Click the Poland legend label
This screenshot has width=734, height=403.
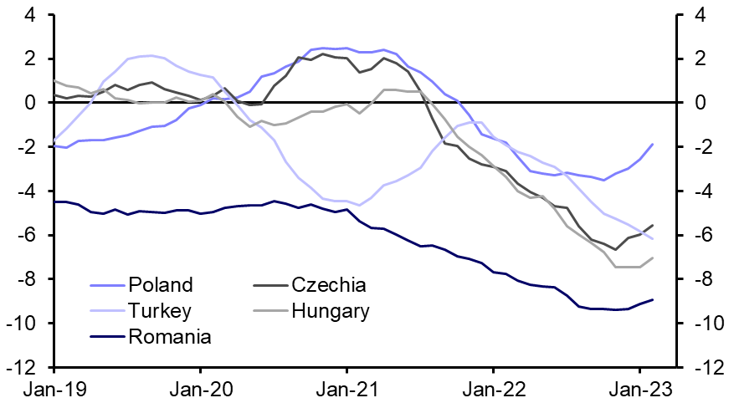coord(161,286)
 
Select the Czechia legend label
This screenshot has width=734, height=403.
coord(328,286)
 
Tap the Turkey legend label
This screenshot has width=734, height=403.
coord(161,312)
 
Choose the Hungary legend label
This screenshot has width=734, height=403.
coord(331,312)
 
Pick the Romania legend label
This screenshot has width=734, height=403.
coord(170,338)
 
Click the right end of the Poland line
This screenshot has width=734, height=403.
coord(653,144)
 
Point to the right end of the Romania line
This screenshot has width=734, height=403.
coord(653,299)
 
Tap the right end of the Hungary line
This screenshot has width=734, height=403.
coord(653,258)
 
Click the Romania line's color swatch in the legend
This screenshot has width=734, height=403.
coord(106,338)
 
